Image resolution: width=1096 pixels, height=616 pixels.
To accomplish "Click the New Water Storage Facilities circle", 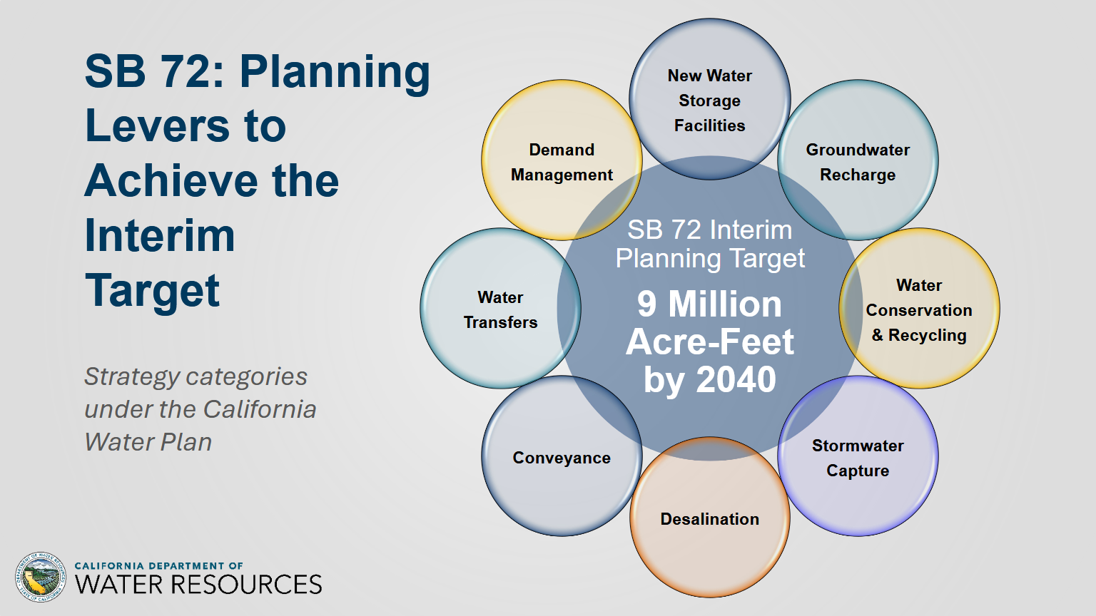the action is (709, 99).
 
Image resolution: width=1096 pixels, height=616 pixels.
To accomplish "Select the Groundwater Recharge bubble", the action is (858, 160).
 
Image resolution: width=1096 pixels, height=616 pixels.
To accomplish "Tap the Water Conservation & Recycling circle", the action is (919, 309).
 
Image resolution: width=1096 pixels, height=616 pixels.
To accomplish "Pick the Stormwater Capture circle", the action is (858, 456).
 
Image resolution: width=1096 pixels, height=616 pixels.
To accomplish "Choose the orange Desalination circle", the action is (709, 517).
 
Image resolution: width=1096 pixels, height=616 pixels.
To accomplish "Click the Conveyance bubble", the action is (562, 456).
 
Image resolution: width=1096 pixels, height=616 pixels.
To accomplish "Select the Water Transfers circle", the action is (500, 309).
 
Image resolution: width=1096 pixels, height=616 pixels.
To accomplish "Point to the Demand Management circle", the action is (562, 160).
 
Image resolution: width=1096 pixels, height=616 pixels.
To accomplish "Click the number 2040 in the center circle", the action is (736, 379).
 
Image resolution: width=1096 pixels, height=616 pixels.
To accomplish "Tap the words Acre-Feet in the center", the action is (709, 342).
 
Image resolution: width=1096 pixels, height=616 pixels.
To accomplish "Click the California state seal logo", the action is (41, 577).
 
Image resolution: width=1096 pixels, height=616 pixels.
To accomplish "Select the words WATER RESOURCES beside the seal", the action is (198, 584).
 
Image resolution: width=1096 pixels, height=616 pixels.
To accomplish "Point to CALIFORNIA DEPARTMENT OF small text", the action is (158, 565).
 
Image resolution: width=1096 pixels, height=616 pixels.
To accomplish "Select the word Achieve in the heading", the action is (171, 180).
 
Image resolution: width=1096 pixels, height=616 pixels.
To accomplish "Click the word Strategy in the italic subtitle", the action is (133, 377).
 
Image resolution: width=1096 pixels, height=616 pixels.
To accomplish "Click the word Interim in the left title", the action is (160, 236).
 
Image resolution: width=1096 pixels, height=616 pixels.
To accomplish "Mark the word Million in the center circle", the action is (725, 304).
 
